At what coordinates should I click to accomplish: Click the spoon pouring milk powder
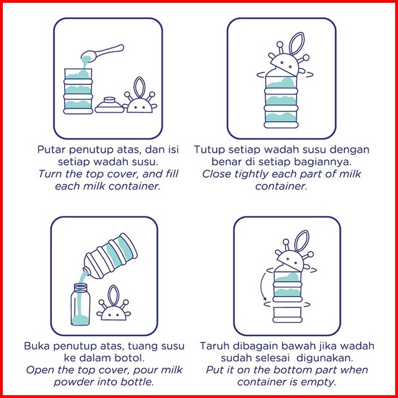click(102, 52)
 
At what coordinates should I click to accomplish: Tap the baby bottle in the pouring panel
click(80, 304)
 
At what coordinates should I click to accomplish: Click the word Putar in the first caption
click(52, 150)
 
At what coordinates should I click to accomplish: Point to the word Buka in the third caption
click(36, 346)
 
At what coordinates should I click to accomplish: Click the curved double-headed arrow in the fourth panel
click(262, 286)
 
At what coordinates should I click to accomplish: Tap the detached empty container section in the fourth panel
click(287, 314)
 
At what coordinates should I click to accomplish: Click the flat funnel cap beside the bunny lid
click(109, 105)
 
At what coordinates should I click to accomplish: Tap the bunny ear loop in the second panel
click(297, 43)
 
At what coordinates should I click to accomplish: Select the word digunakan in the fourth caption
click(325, 358)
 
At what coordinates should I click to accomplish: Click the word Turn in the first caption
click(50, 174)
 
